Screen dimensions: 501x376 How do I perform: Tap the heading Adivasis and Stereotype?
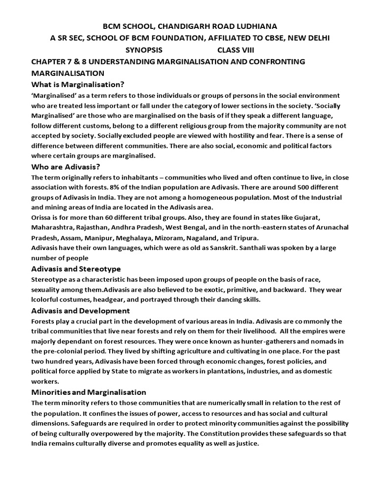click(76, 269)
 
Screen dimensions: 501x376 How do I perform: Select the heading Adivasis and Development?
click(80, 311)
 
